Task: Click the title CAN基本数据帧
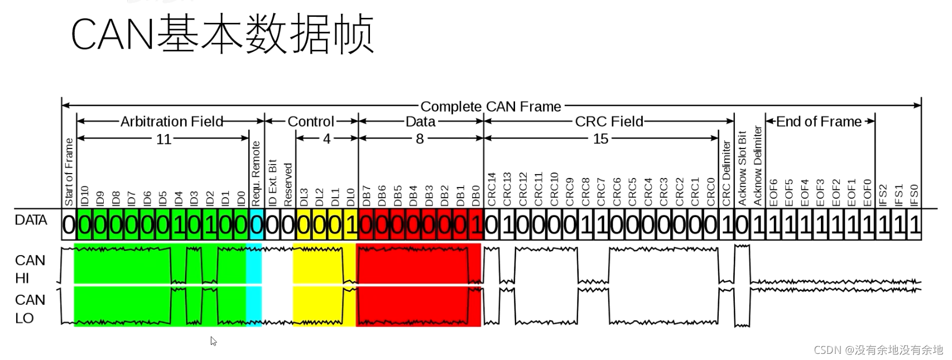tap(222, 35)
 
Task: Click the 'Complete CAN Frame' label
tap(491, 106)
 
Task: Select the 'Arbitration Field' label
tap(171, 121)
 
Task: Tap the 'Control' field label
tap(311, 122)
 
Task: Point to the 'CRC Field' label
tap(609, 122)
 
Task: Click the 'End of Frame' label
tap(819, 122)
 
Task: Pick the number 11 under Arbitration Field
tap(164, 139)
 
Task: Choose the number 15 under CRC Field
tap(600, 139)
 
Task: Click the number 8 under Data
tap(420, 139)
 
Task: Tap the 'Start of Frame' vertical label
tap(69, 172)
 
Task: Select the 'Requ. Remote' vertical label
tap(256, 174)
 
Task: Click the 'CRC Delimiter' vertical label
tap(726, 173)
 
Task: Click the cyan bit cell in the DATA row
tap(256, 225)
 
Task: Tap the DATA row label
tap(31, 220)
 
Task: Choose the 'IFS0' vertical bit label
tap(914, 195)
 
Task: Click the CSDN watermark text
tap(878, 350)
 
